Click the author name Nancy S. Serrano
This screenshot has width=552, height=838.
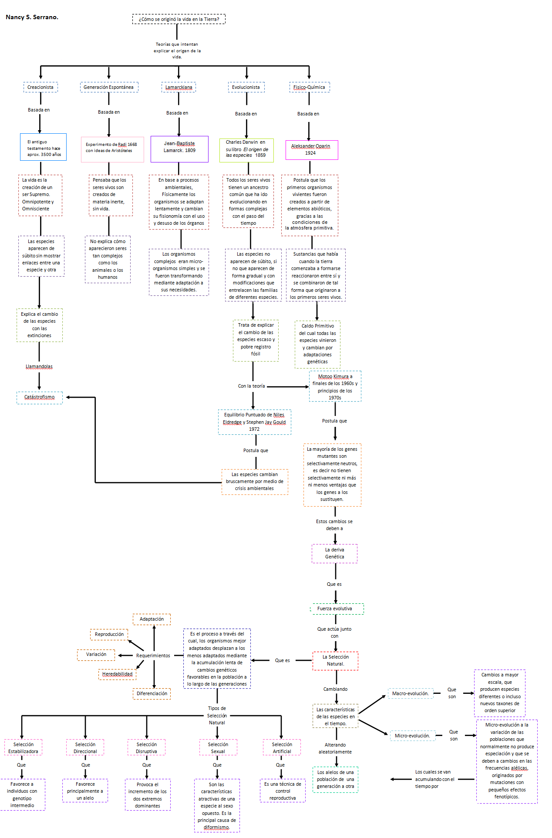click(32, 17)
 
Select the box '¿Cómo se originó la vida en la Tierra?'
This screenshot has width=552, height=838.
click(179, 19)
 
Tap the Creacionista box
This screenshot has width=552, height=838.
click(40, 87)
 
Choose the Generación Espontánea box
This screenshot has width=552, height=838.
click(109, 87)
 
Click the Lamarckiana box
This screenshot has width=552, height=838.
click(178, 87)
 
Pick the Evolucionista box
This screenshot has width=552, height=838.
click(246, 87)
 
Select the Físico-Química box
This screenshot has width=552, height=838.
click(309, 87)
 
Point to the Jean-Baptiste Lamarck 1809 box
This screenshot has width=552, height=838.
click(179, 149)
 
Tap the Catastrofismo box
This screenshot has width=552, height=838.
click(40, 397)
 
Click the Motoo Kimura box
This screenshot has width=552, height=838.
click(335, 386)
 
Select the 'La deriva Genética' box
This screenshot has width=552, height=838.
click(334, 553)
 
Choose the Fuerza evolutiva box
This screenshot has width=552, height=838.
click(337, 608)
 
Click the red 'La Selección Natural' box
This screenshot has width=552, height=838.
click(335, 660)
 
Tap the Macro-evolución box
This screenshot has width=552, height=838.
click(411, 693)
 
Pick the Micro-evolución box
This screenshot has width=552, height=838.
click(412, 736)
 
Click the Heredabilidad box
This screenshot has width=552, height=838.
click(117, 674)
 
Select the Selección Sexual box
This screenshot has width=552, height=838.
click(218, 747)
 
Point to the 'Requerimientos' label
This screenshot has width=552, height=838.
click(153, 656)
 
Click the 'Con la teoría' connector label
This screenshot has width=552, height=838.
click(251, 386)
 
